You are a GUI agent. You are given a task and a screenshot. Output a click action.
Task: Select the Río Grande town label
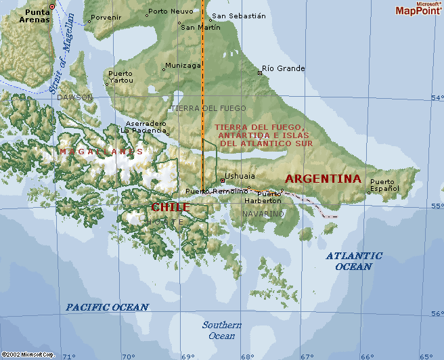coord(283,68)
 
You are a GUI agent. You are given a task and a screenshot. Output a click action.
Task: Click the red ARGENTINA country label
coord(323,179)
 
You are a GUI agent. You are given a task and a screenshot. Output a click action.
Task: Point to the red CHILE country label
coord(170,207)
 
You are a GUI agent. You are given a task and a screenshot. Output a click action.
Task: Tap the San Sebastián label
coord(238,16)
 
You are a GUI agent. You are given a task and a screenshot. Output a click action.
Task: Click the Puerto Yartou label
coord(120,76)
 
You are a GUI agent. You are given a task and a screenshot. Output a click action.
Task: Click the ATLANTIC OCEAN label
coord(353,261)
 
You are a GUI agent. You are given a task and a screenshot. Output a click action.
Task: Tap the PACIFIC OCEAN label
coord(107,307)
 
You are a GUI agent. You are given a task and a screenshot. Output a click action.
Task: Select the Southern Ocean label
coord(221,330)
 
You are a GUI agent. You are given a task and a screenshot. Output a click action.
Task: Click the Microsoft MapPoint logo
coord(418,9)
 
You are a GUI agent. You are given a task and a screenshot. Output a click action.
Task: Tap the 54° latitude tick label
coord(437,97)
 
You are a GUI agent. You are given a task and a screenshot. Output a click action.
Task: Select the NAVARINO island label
coord(263,214)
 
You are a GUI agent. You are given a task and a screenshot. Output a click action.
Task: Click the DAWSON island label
coord(74,97)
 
